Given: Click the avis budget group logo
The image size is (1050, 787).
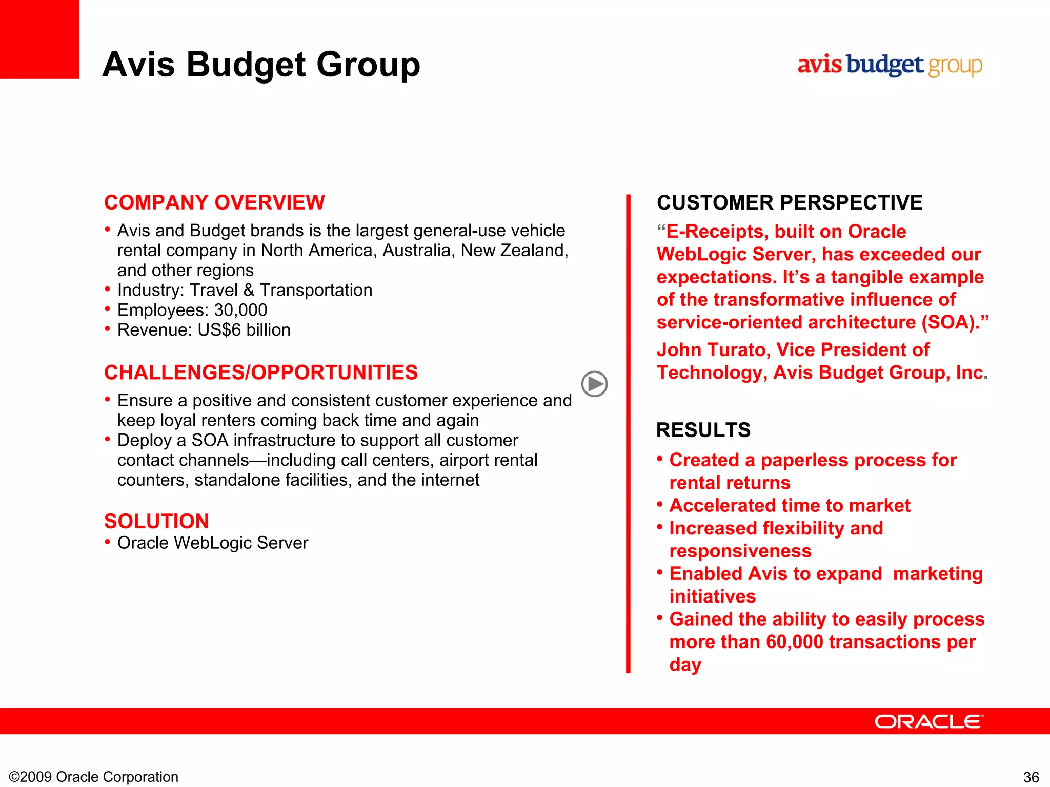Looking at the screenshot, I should (890, 66).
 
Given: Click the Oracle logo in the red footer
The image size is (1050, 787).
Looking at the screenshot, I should (928, 721).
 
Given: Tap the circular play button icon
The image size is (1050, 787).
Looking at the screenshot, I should (594, 384).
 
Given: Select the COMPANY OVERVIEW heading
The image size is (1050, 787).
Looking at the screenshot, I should (214, 202).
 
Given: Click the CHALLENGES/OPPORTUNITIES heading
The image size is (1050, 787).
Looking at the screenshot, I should (260, 372).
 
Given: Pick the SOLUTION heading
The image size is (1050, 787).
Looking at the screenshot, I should (156, 521).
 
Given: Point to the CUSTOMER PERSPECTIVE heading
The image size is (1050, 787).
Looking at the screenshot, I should (789, 202).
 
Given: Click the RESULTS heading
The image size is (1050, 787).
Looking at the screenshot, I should (703, 430).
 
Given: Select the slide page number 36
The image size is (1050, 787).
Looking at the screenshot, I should (1031, 777).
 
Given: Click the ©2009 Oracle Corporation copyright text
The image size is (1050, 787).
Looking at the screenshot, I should (94, 777).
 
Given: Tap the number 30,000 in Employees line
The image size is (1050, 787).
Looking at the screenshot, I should (240, 310).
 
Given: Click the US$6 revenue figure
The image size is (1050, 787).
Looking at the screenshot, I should (219, 330).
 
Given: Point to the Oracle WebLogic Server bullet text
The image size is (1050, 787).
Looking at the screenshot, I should (212, 543).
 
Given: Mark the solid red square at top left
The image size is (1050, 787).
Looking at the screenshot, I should (39, 39).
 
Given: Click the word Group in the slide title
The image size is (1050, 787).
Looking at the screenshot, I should (368, 65).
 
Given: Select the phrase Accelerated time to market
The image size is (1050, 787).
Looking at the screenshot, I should (790, 506).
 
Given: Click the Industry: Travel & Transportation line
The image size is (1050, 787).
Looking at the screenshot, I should (245, 290).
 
